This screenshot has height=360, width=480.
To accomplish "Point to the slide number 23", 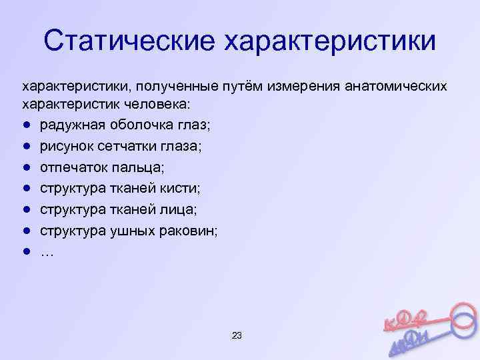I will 237,335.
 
